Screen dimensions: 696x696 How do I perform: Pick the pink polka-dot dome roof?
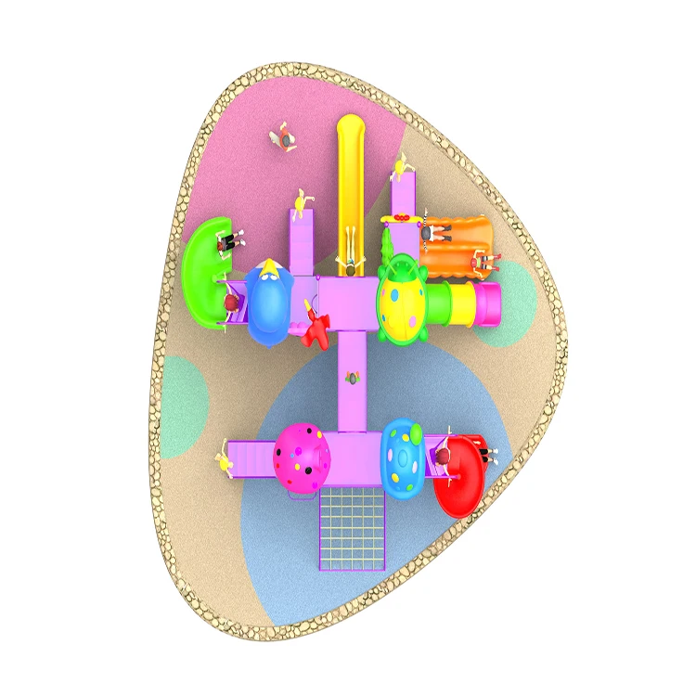click(303, 458)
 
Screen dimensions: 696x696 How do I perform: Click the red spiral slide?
click(461, 478)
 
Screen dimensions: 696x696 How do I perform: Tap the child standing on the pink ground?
click(285, 139)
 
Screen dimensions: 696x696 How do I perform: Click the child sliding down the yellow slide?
click(351, 267)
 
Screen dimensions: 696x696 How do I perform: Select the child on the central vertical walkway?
click(352, 378)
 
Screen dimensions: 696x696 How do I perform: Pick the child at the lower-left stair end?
click(225, 460)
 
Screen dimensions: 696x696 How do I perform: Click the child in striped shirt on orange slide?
click(479, 263)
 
